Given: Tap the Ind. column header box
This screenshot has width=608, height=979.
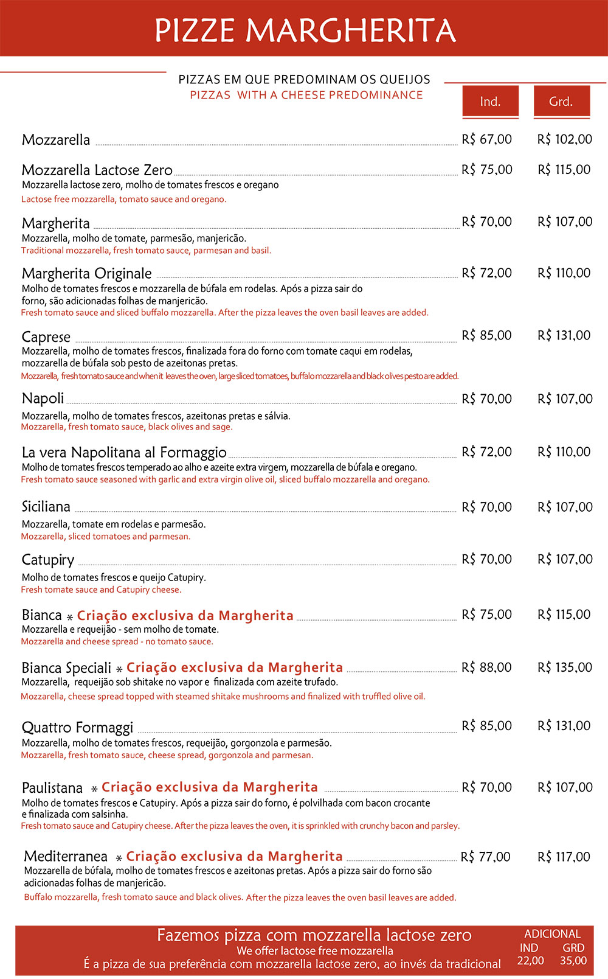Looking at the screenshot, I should pos(490,102).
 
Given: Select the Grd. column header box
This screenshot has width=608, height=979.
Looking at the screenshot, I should pos(561,102).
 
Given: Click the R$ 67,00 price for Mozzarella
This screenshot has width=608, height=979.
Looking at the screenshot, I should pos(486,139).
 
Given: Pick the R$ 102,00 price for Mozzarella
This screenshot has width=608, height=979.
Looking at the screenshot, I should pos(564,139).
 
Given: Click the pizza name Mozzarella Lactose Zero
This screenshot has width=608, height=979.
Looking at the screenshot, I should pos(97,170).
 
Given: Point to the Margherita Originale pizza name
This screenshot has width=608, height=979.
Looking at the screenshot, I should pos(86,273).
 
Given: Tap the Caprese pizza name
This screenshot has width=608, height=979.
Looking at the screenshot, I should pos(46,336).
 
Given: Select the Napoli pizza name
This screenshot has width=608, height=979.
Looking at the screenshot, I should pos(43,399).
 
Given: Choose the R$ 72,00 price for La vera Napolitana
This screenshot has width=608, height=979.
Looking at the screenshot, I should pos(486,452).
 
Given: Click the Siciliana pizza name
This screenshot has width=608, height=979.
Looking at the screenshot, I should pos(46,507).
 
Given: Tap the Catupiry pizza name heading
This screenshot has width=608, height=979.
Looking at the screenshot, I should pos(48,560).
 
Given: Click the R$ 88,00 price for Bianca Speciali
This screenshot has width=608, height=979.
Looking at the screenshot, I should pos(486,667).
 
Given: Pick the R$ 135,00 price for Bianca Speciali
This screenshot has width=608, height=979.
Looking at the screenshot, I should pos(564,667).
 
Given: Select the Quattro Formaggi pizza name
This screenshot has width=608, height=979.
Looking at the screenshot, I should pos(77,727).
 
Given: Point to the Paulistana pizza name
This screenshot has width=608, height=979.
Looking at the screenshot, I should pos(52,788).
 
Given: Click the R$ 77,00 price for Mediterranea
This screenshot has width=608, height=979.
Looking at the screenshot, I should pos(485,857).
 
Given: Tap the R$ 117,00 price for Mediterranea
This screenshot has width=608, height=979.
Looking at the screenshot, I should pos(564,857).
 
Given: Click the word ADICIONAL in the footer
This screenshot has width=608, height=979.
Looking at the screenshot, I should pos(552,934).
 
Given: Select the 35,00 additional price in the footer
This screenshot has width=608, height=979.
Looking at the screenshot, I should pos(573,961).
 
